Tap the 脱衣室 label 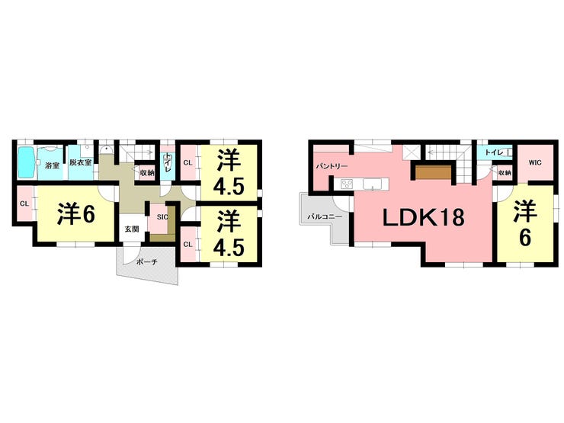80,163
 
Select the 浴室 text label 52,165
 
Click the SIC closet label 162,217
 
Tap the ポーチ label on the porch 146,262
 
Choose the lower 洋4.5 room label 228,232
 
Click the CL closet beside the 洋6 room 24,203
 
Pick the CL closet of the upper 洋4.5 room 187,162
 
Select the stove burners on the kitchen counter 348,184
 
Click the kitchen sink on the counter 373,184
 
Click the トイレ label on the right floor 493,152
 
